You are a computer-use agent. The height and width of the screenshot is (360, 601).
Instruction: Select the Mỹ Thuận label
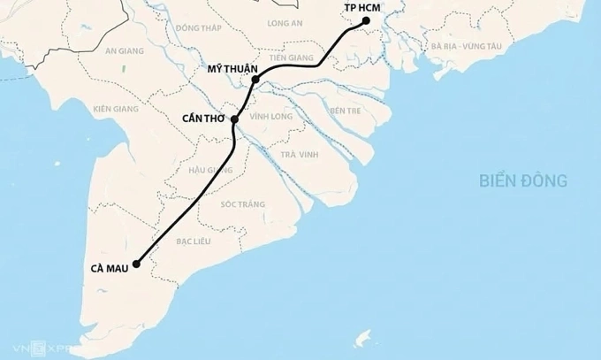click(x=232, y=69)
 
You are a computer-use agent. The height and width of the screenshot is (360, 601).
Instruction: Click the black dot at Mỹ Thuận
click(x=255, y=80)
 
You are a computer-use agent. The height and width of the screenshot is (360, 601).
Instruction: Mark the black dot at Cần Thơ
click(x=234, y=120)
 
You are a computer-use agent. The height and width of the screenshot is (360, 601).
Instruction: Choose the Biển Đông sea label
click(x=522, y=180)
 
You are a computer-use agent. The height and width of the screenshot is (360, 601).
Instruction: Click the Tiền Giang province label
click(x=293, y=59)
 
